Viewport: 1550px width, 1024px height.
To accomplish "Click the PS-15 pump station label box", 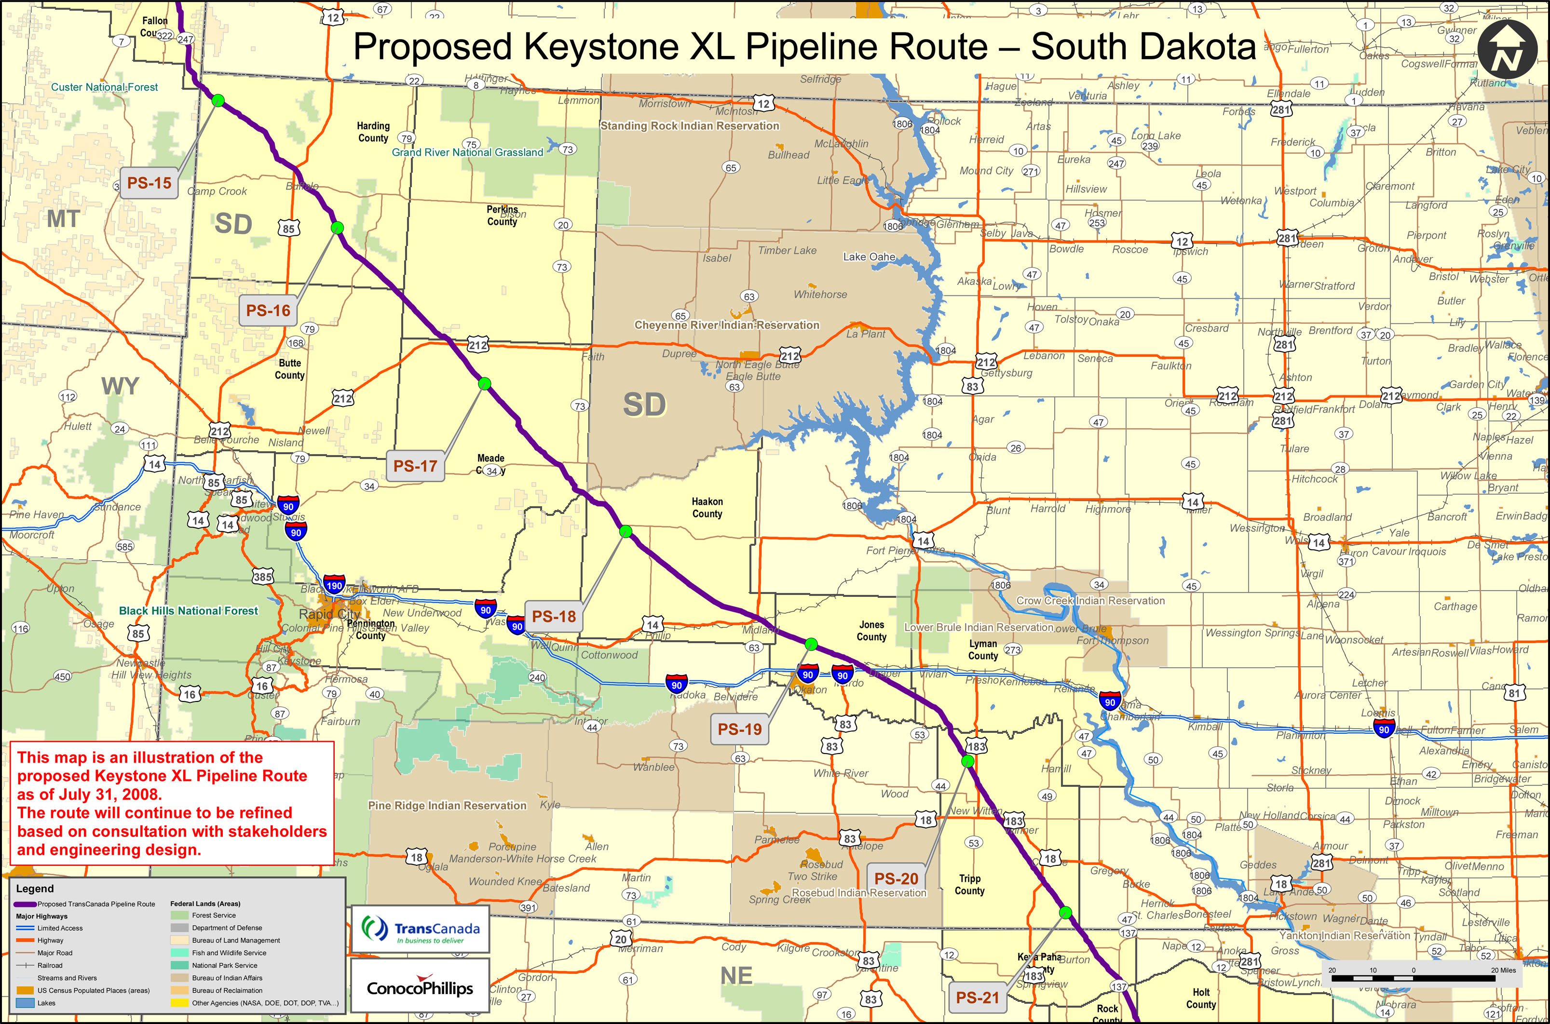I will click(x=149, y=183).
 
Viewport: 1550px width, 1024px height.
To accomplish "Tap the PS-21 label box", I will click(x=977, y=997).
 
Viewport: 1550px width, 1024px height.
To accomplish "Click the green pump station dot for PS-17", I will click(x=484, y=383).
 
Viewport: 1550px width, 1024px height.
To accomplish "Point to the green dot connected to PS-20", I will click(x=968, y=761).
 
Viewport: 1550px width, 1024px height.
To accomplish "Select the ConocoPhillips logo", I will click(x=420, y=988).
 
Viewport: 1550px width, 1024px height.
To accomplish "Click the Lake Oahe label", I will click(x=869, y=256).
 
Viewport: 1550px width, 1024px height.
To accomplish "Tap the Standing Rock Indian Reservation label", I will click(x=690, y=125).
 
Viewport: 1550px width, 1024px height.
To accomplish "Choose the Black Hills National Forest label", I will click(x=188, y=611).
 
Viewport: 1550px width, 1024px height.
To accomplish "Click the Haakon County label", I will click(x=707, y=508).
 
